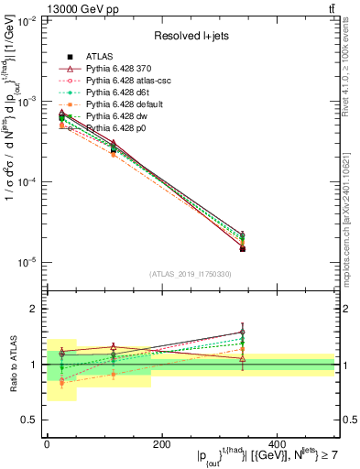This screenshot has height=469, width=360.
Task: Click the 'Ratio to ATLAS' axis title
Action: tap(11, 364)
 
